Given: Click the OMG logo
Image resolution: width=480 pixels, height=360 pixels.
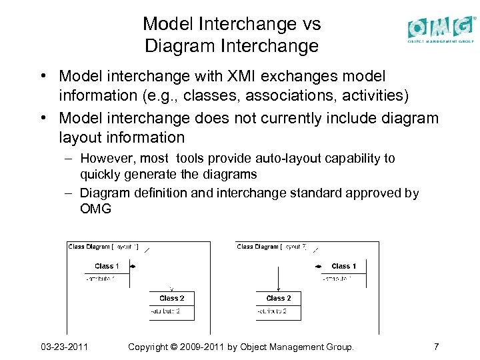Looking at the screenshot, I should [x=441, y=29].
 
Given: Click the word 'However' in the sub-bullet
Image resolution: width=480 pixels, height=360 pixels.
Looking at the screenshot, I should [x=107, y=159].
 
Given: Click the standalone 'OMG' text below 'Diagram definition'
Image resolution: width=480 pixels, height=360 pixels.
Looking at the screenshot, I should [x=95, y=209].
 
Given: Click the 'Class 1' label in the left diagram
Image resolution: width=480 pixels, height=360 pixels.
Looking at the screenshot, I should [x=107, y=266].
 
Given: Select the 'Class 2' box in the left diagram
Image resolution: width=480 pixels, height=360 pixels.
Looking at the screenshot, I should [x=171, y=305].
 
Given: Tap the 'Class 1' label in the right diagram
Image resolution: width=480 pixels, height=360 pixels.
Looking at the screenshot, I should [x=343, y=266].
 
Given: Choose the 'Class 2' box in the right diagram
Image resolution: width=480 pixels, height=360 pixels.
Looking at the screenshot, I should [x=278, y=305].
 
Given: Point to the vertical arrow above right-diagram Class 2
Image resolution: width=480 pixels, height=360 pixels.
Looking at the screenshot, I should [x=278, y=277].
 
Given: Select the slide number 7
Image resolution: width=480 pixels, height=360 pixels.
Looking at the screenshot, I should [x=435, y=347].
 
